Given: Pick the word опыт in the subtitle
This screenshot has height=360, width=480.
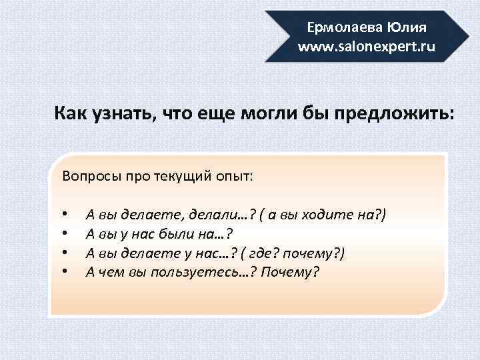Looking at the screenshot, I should click(233, 177).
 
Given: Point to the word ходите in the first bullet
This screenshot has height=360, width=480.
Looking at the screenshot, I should click(327, 215).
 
